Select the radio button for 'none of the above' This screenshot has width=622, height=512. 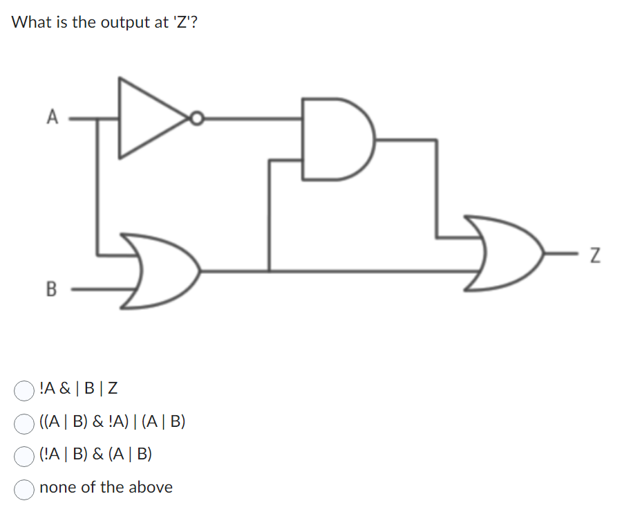click(24, 488)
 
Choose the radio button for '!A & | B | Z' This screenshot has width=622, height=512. click(24, 390)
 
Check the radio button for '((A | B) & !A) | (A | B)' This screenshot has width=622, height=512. click(24, 423)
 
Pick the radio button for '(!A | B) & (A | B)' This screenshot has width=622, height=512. click(24, 455)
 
